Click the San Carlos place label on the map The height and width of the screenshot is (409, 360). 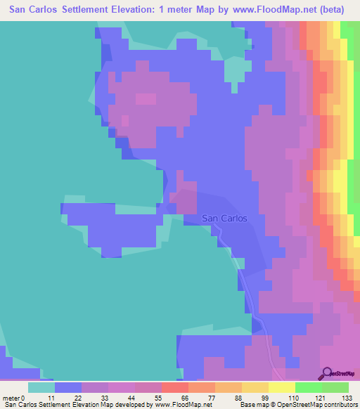224,218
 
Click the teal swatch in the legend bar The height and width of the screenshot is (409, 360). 41,387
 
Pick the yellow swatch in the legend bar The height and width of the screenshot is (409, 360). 281,387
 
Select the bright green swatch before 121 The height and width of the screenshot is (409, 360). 308,387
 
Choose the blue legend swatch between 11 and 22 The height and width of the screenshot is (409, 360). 67,387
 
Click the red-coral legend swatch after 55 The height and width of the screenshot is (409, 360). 174,387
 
